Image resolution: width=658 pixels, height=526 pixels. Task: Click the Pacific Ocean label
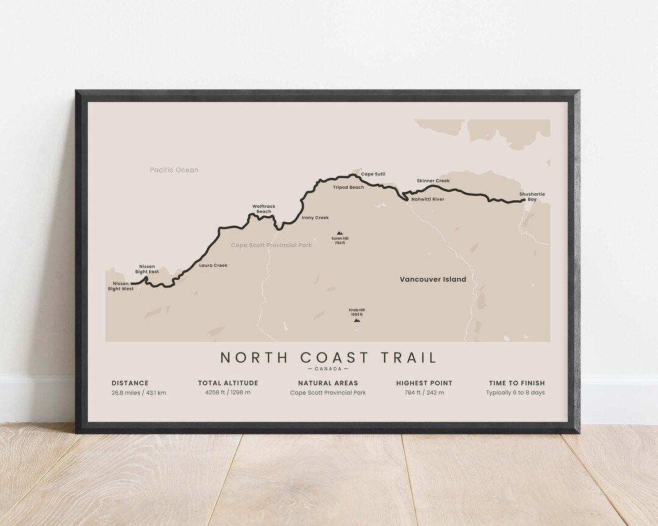pos(174,170)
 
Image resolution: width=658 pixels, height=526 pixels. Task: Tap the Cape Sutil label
pos(373,174)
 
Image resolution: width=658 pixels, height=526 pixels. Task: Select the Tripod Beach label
pos(348,188)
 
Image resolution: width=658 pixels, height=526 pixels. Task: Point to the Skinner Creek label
pos(433,181)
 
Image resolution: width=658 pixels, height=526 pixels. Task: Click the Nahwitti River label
pos(428,199)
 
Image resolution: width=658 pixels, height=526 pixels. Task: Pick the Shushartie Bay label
pos(532,197)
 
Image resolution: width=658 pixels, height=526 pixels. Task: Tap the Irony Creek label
pos(315,217)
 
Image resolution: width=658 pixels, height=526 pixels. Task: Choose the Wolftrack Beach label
pos(264,209)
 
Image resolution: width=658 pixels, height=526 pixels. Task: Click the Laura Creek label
pos(213,265)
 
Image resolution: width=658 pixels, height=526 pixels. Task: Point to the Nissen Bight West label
pos(121,286)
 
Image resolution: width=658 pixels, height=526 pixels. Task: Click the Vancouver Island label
pos(433,279)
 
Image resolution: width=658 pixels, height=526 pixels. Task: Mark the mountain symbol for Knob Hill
pos(356,319)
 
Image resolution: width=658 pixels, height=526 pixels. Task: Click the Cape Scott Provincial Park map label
pos(271,245)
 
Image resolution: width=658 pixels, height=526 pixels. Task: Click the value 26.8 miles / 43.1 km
pos(139,393)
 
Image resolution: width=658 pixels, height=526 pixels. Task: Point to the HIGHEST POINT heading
pos(424,383)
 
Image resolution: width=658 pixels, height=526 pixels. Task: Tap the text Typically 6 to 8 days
pos(515,393)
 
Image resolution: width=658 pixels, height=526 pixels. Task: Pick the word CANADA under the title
pos(328,369)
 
